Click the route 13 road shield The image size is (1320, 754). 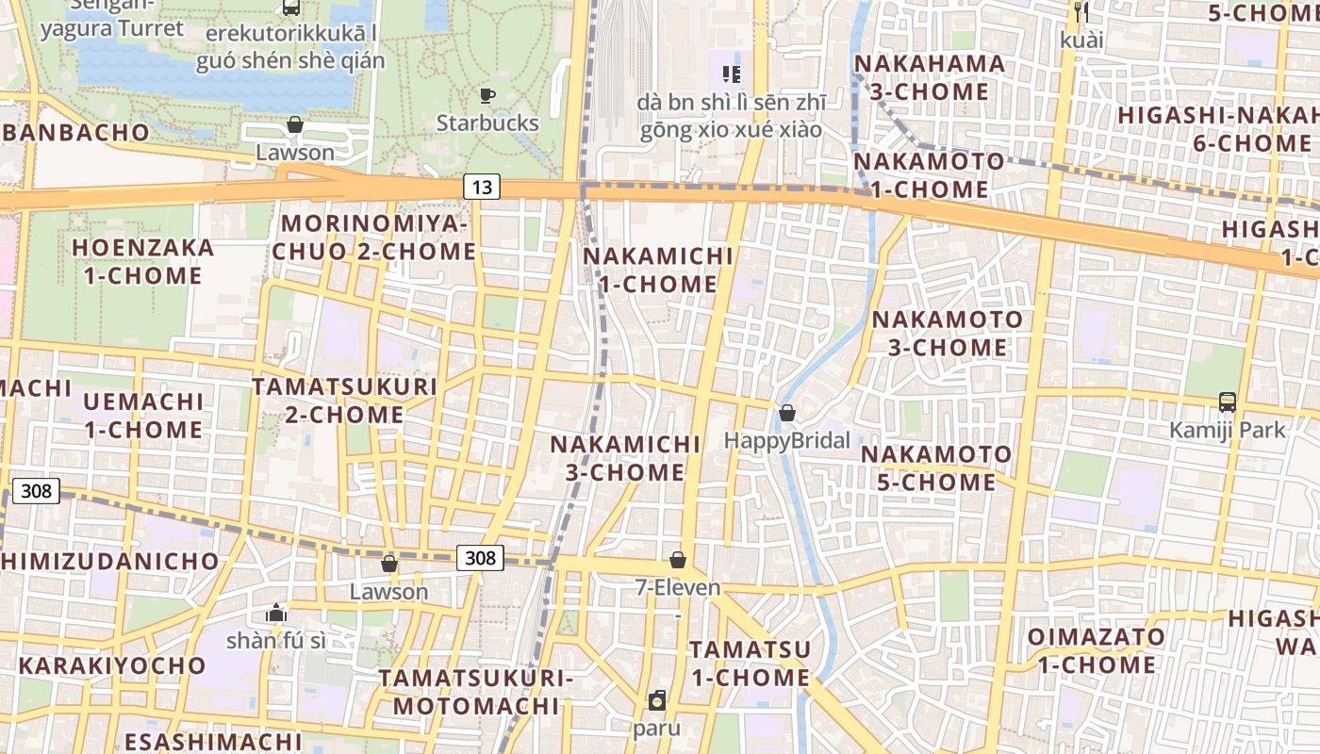click(481, 187)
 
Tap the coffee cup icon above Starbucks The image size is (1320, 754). click(487, 95)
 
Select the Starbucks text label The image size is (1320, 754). click(487, 123)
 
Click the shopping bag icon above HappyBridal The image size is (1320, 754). click(787, 413)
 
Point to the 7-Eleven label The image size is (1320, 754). click(678, 588)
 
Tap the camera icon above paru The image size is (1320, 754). click(657, 700)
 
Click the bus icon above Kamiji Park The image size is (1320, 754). click(1228, 402)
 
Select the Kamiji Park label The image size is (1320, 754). click(1228, 431)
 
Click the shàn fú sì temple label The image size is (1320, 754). click(276, 641)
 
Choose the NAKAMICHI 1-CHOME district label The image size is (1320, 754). click(658, 270)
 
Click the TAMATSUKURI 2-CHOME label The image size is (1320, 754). click(344, 401)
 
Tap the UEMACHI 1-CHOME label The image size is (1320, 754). click(143, 416)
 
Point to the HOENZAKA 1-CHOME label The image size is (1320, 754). click(143, 262)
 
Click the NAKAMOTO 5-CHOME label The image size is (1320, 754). click(936, 468)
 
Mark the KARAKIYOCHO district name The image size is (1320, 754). click(112, 665)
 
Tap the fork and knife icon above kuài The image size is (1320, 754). click(1081, 12)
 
